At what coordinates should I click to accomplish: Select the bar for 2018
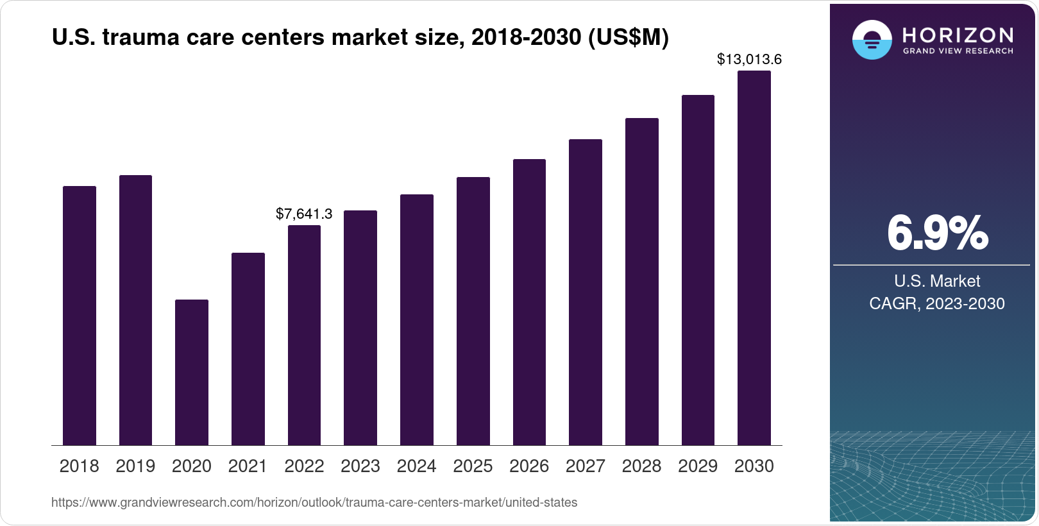79,316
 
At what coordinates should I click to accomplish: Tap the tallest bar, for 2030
754,258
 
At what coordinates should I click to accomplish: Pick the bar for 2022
304,335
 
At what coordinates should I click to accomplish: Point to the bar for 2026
529,302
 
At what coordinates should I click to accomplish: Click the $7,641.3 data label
304,214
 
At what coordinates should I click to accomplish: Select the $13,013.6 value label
749,60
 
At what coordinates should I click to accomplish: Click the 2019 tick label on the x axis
135,466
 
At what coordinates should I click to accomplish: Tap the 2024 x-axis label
416,466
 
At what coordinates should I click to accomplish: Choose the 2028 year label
641,466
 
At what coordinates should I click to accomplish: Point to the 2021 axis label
248,466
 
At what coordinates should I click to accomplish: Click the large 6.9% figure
937,233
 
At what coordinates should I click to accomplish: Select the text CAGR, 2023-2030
936,303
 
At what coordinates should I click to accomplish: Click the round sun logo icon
872,40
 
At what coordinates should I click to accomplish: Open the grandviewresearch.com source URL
314,502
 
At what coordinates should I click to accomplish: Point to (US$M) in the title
629,38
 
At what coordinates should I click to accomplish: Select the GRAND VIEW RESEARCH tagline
958,51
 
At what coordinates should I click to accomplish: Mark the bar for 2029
698,270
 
